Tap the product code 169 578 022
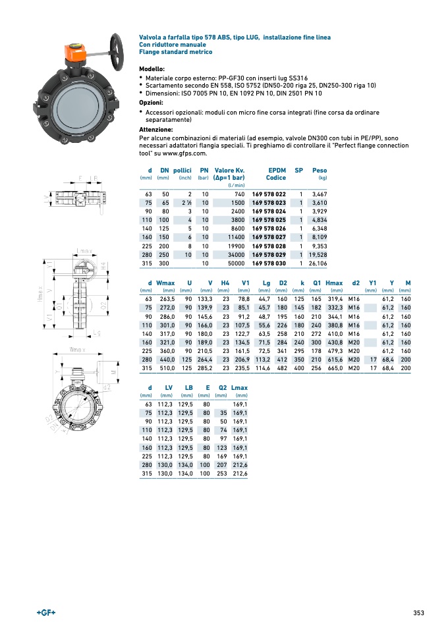coord(269,194)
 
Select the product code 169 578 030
coord(269,263)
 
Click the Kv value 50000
coord(235,263)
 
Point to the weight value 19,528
coord(318,254)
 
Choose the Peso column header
coord(320,170)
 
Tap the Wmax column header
coord(165,283)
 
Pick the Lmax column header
coord(239,388)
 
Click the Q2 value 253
coord(221,473)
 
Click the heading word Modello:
coord(152,69)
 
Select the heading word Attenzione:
coord(155,130)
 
